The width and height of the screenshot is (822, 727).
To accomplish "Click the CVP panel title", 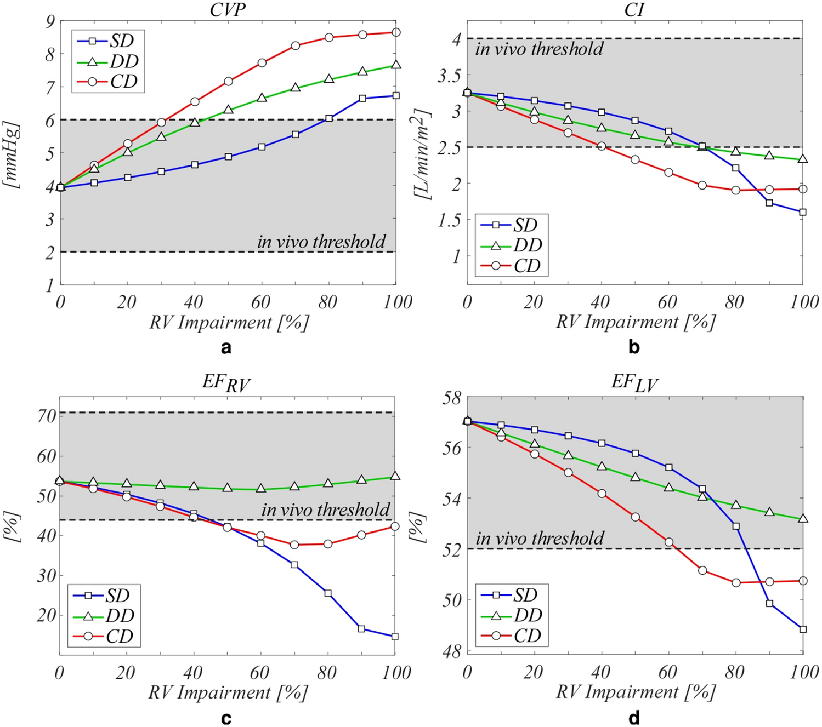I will point(228,9).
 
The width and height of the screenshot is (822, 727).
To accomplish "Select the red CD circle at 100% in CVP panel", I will point(396,32).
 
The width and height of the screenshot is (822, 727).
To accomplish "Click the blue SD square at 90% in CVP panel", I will point(362,99).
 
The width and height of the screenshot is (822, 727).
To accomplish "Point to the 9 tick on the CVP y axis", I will point(50,22).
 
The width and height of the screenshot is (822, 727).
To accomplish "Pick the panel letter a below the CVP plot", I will point(225,347).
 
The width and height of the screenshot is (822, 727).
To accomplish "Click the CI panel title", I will point(634,9).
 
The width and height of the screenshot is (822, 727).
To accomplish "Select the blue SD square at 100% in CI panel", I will point(803,212).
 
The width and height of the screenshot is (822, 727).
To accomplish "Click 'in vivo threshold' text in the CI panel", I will point(539,49).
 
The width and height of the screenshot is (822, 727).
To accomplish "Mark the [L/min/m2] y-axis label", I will point(422,154).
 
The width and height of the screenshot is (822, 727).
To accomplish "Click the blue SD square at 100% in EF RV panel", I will point(395,637).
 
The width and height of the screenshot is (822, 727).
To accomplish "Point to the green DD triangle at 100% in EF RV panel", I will point(395,476).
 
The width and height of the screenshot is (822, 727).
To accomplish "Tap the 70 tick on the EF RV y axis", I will point(47,416).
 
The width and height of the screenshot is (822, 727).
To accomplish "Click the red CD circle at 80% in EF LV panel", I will point(736,583).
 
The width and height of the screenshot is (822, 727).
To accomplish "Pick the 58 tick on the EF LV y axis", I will point(452,397).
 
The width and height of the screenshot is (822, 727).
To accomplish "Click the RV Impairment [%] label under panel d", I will point(635,692).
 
